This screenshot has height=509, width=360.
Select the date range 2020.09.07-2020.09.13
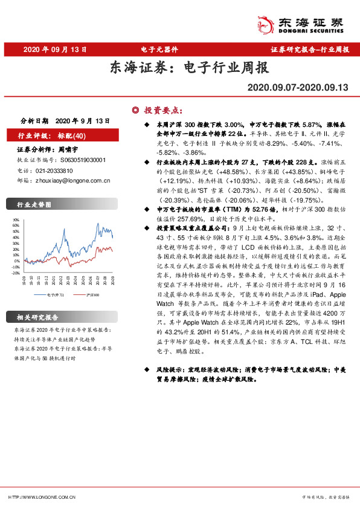(298, 88)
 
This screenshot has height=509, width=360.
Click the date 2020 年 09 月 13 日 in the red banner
(55, 50)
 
